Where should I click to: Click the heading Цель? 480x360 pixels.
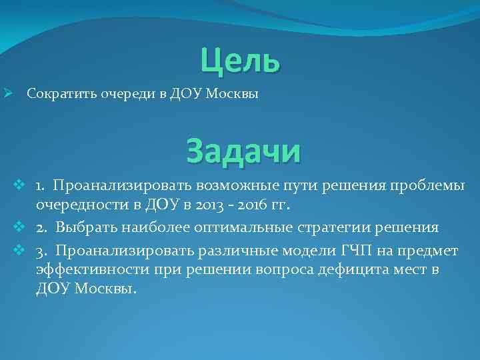click(240, 61)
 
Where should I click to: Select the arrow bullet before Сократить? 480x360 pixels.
click(9, 94)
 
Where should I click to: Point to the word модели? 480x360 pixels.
click(308, 251)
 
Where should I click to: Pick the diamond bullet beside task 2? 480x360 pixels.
click(19, 227)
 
